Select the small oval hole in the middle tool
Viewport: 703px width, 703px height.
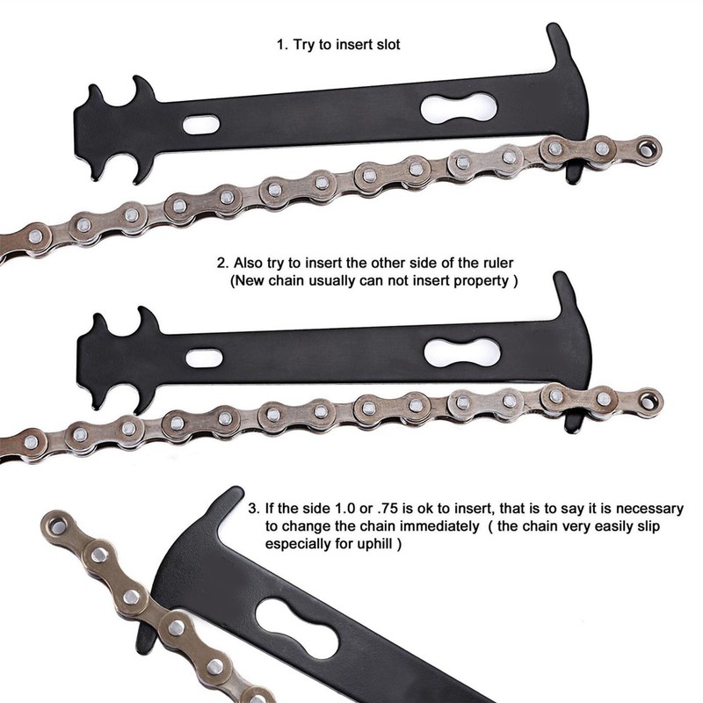point(204,358)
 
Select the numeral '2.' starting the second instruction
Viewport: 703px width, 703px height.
point(223,262)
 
